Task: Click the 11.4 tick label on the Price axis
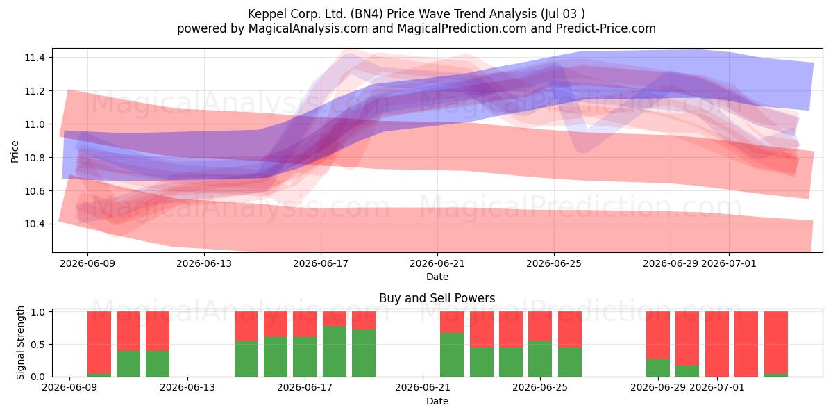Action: [35, 58]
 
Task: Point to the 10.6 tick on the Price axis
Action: [35, 191]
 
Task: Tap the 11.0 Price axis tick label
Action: [35, 124]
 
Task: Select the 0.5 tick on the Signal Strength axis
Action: [37, 345]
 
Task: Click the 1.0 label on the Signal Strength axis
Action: [37, 311]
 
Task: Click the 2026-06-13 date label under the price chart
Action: [204, 263]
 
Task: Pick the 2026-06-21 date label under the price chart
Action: [437, 263]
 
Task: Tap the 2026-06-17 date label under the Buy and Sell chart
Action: [305, 387]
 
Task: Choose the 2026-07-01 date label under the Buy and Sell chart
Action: [717, 387]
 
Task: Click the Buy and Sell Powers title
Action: [437, 298]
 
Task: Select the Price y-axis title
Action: [15, 152]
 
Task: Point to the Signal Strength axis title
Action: [20, 343]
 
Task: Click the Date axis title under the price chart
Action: [437, 277]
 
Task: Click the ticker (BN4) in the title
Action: [367, 14]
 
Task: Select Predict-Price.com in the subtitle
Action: [606, 28]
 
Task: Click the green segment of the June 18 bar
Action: [335, 351]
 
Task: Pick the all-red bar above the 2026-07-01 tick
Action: [717, 344]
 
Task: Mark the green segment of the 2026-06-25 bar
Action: [540, 359]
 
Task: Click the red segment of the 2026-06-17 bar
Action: [305, 325]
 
